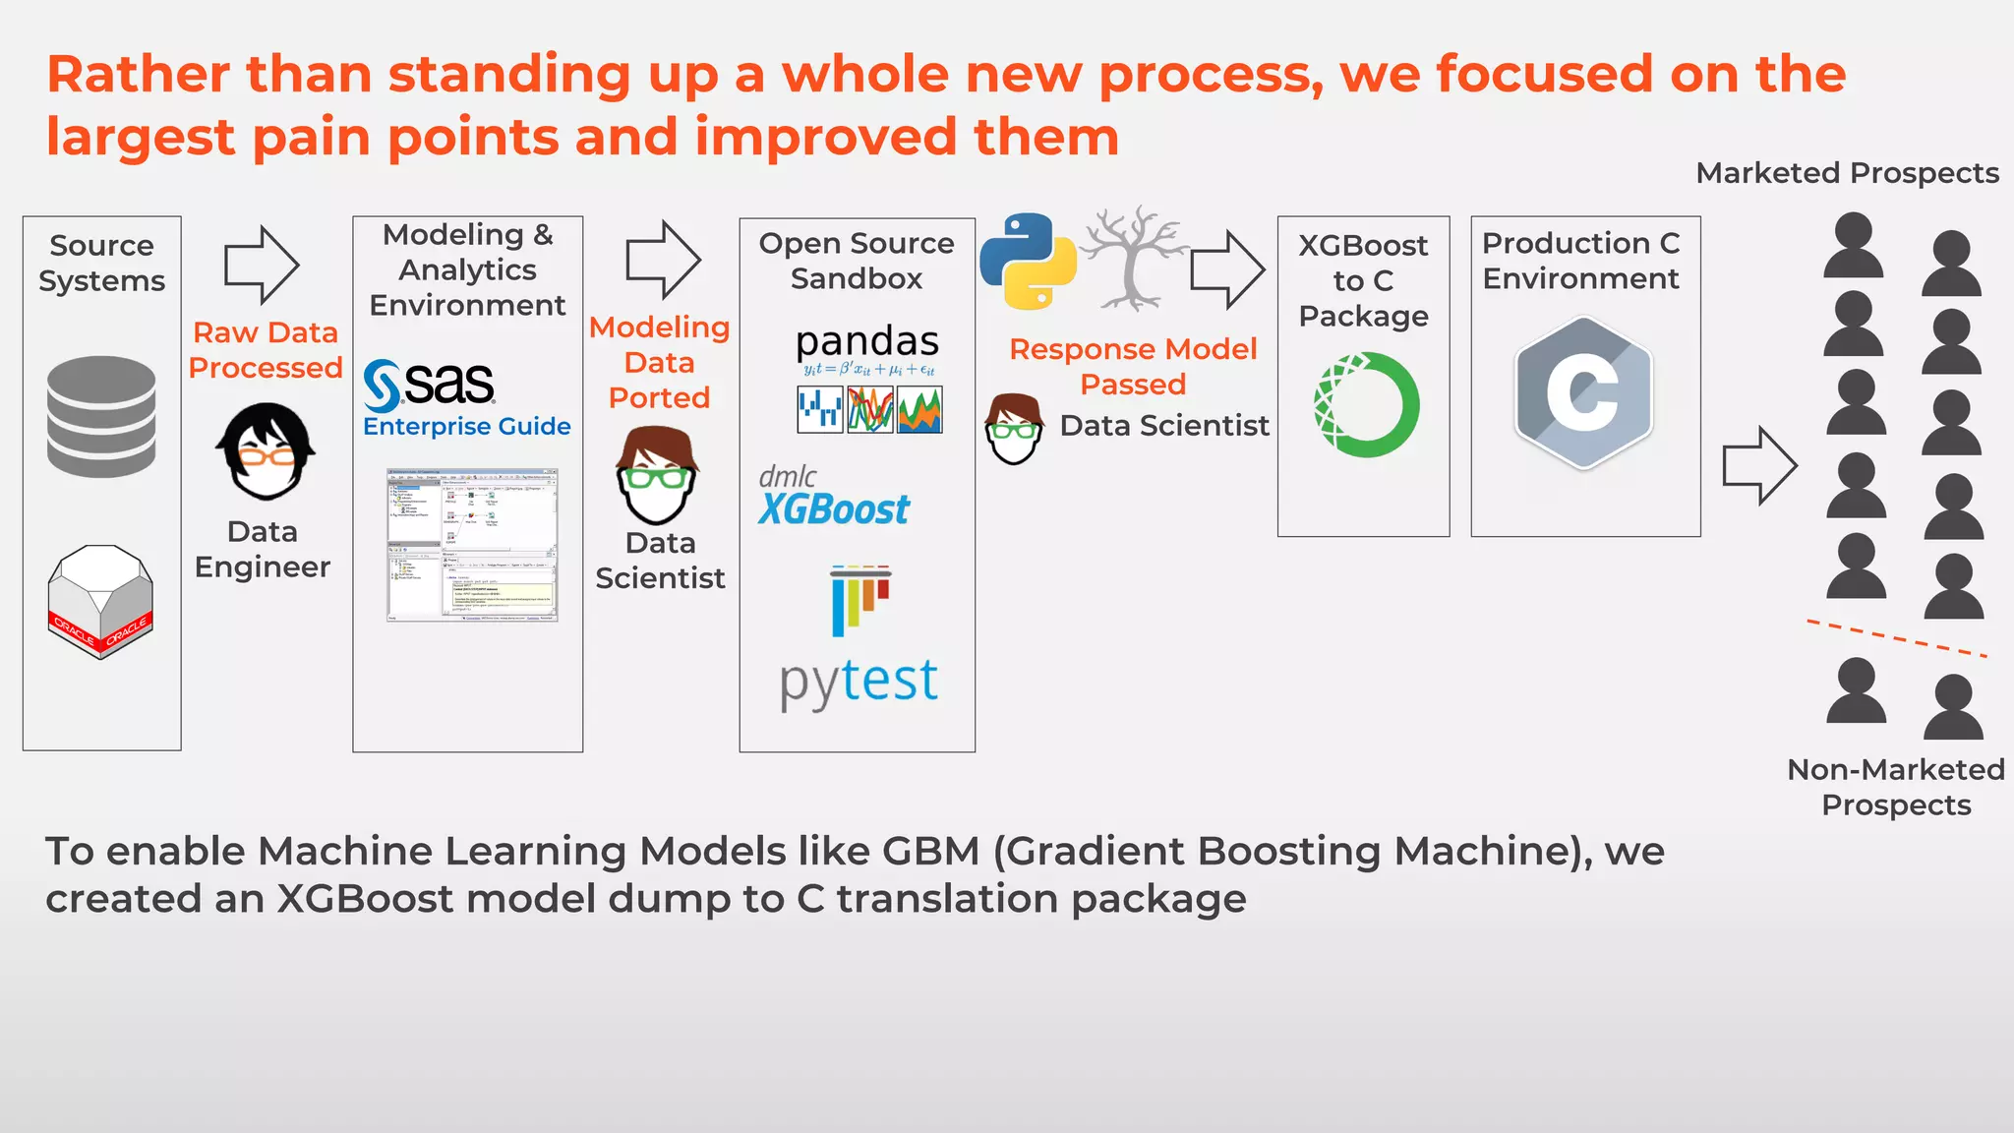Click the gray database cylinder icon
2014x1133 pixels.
(101, 417)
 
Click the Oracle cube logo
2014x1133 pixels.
(100, 601)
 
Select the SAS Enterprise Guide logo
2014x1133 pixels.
(466, 398)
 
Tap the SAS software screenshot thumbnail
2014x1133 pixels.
(472, 545)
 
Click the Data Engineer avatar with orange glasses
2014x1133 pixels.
(265, 451)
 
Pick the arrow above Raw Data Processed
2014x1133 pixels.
(262, 265)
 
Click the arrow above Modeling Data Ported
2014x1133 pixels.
(663, 261)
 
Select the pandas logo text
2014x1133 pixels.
(867, 341)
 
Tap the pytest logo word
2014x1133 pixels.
(859, 680)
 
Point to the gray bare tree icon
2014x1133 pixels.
(1133, 258)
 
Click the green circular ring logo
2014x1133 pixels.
(1366, 404)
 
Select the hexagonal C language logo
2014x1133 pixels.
(1583, 391)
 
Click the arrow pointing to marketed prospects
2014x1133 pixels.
(1759, 466)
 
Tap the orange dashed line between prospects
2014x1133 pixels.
(1896, 638)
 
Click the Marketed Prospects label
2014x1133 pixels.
(1847, 173)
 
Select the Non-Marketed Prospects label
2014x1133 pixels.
(1895, 787)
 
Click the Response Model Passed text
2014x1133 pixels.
(1133, 366)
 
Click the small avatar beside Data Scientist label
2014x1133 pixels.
(1014, 429)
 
